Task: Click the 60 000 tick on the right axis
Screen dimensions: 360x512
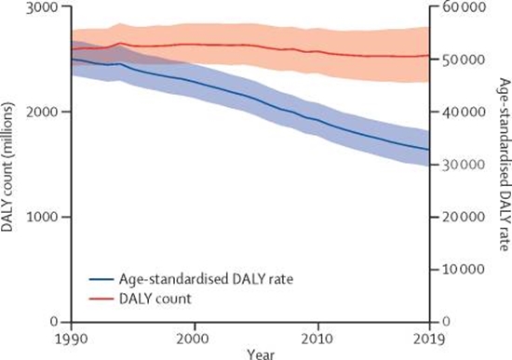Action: click(457, 7)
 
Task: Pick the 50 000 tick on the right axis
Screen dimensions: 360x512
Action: click(457, 60)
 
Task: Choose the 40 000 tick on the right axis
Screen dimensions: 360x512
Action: click(457, 112)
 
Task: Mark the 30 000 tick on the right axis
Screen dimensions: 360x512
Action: click(457, 165)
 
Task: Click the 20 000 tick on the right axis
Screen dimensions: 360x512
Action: click(457, 217)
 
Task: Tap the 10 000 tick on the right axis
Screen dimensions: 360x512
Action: click(457, 269)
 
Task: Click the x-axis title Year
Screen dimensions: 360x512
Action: click(249, 353)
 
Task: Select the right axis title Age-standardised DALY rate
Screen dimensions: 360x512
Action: click(503, 165)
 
